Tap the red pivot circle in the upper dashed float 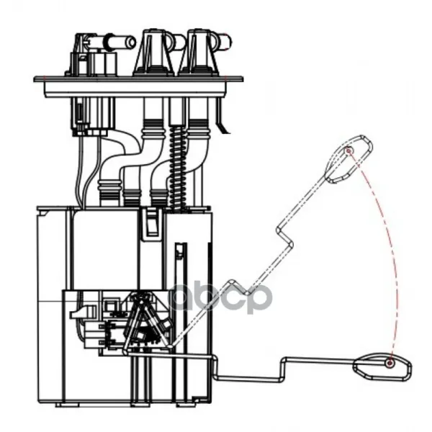(x=348, y=151)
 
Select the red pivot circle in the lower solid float (x=390, y=363)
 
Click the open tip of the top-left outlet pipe (x=131, y=42)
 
